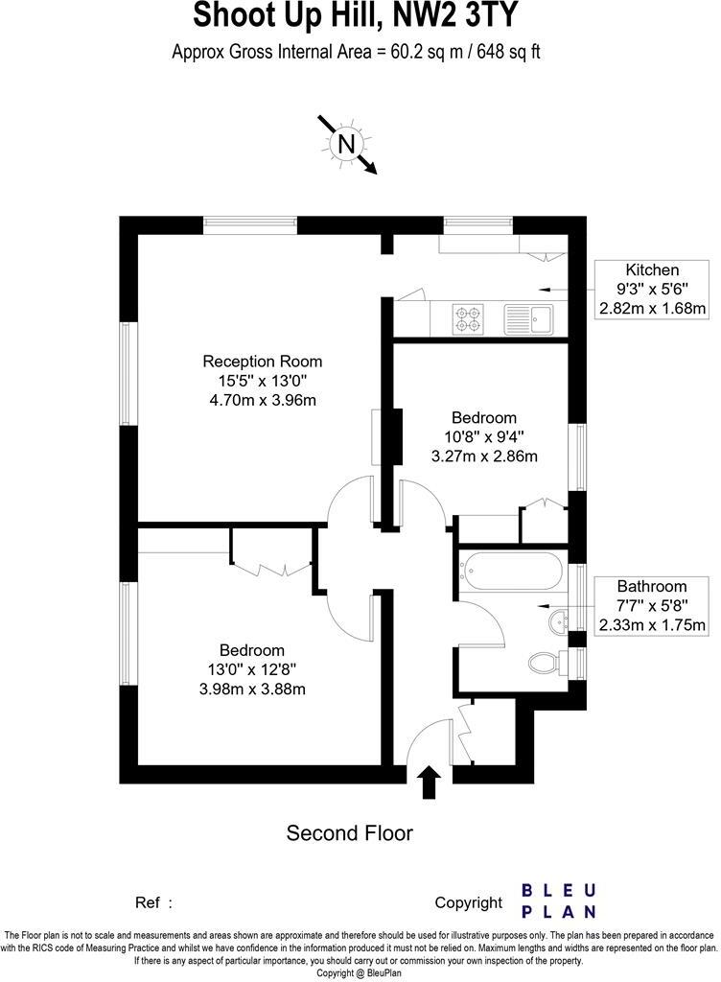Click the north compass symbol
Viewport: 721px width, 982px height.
pyautogui.click(x=346, y=145)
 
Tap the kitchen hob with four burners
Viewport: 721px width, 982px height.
pyautogui.click(x=468, y=318)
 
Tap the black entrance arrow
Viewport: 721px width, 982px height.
pyautogui.click(x=429, y=781)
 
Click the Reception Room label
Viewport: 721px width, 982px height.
pyautogui.click(x=262, y=362)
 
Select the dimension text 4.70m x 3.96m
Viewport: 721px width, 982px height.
pyautogui.click(x=262, y=400)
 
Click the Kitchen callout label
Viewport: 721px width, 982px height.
pyautogui.click(x=652, y=270)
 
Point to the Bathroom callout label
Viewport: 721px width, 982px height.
pyautogui.click(x=652, y=587)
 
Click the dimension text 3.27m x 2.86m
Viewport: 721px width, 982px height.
pyautogui.click(x=484, y=456)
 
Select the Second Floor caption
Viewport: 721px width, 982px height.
pyautogui.click(x=350, y=832)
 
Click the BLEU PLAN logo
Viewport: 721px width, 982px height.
pyautogui.click(x=559, y=901)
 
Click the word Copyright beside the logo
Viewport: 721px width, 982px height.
pyautogui.click(x=468, y=902)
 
